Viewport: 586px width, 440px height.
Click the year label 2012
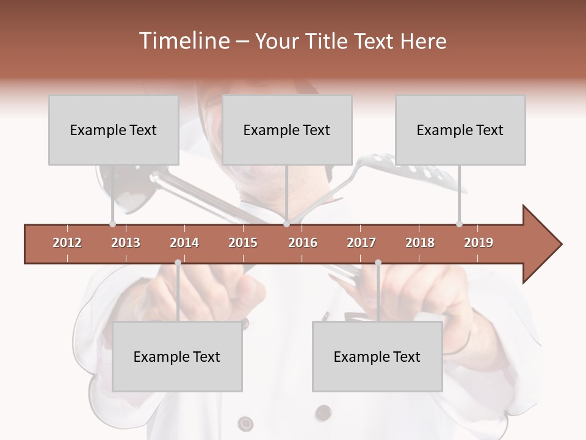67,243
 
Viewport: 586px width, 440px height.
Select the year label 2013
126,243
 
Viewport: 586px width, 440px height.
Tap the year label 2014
184,243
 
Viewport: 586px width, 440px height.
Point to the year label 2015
243,243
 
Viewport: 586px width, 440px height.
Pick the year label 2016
303,243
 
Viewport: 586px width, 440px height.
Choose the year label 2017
361,243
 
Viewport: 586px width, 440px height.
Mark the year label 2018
420,243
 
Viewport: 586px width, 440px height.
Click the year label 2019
479,243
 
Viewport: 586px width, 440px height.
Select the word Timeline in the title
183,41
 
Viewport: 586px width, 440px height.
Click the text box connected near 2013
114,130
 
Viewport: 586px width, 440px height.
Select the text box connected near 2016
287,130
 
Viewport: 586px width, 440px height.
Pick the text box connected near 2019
460,130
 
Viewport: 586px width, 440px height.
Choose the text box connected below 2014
177,357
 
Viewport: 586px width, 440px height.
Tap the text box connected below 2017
377,357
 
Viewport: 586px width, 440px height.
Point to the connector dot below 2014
178,262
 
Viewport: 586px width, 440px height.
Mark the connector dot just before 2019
459,224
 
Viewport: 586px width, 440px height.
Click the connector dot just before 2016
286,224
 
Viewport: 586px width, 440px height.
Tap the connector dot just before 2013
112,224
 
